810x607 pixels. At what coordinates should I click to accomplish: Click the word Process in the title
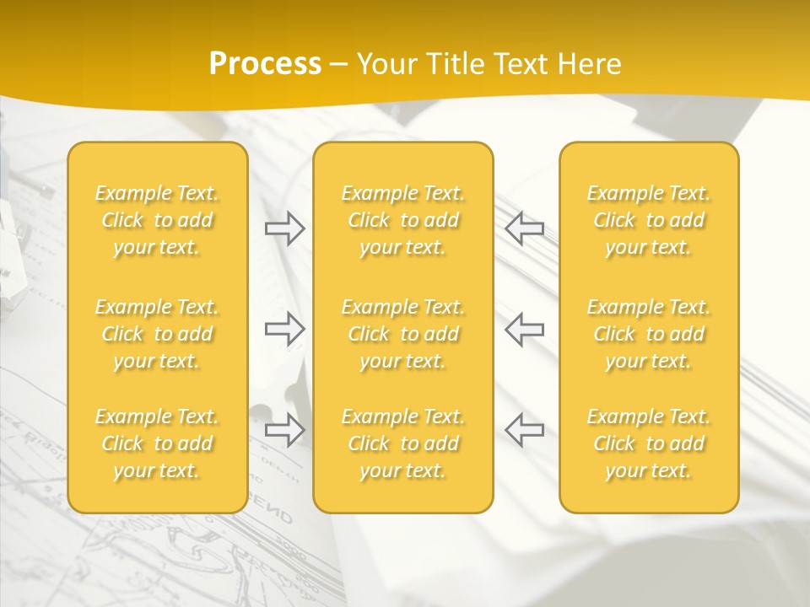coord(265,64)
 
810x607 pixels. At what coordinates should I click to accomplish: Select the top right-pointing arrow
coord(285,228)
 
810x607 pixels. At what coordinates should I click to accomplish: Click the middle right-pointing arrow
coord(285,329)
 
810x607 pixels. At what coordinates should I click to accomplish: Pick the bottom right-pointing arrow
coord(285,430)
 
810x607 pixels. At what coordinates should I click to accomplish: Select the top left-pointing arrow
coord(524,228)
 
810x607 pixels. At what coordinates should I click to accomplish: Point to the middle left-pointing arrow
coord(524,329)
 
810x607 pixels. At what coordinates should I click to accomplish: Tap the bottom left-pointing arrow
coord(524,430)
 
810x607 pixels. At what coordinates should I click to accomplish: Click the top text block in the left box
coord(157,220)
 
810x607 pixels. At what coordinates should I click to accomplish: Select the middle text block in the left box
coord(157,334)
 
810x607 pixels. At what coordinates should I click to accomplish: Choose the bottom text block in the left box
coord(157,443)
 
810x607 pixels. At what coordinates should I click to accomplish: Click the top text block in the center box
coord(403,220)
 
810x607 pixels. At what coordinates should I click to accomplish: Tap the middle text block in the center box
coord(403,334)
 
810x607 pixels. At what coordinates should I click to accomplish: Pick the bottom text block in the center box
coord(403,443)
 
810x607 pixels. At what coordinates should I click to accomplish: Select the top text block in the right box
coord(649,220)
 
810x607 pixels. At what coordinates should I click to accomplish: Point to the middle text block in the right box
coord(649,334)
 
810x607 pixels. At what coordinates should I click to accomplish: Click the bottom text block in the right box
coord(649,443)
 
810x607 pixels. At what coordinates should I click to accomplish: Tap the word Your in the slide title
coord(385,64)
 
